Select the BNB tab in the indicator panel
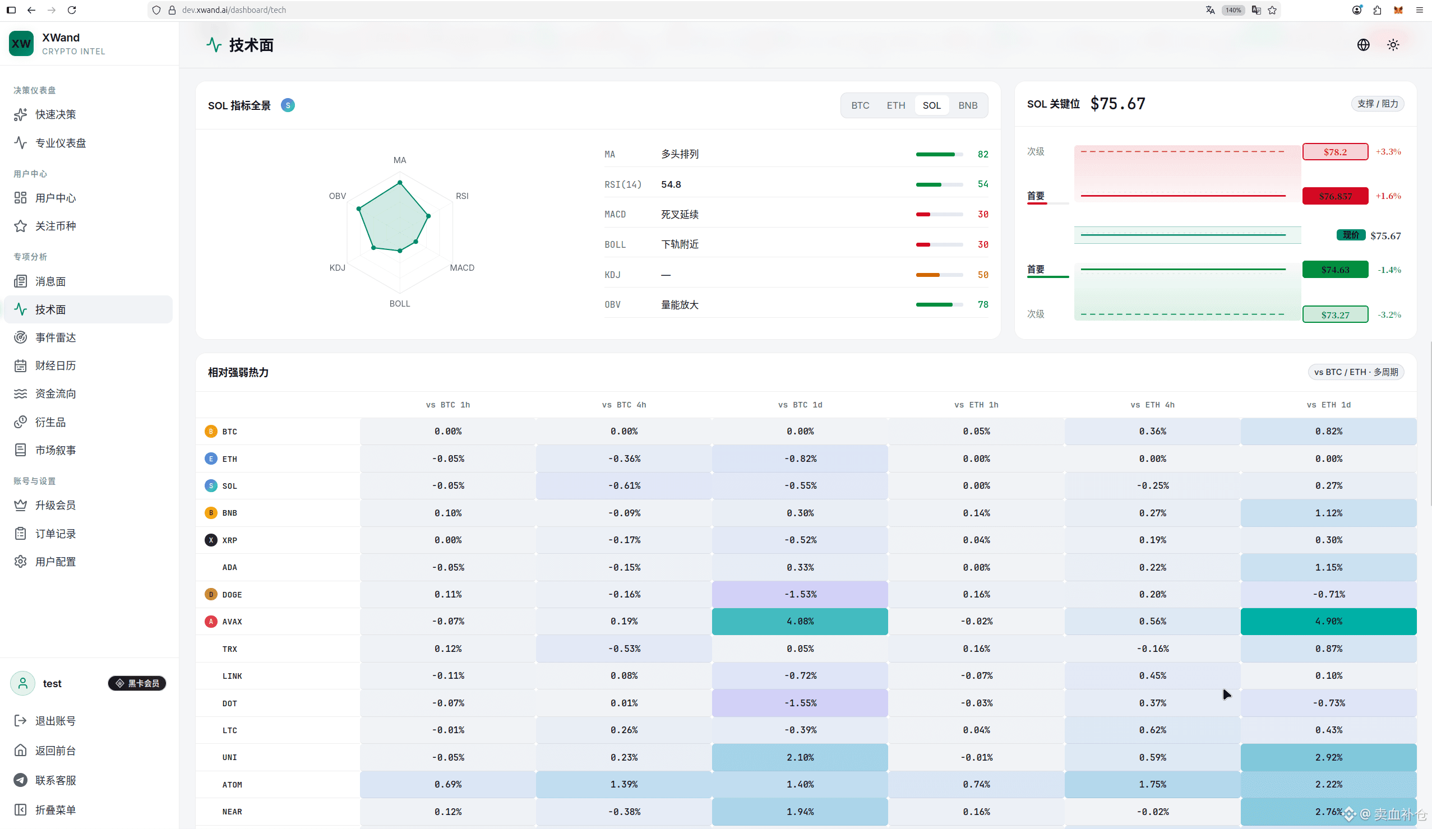968,105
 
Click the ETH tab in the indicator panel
895,105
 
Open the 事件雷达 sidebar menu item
55,337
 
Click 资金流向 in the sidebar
55,393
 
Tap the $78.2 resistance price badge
1335,152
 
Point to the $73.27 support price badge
1335,314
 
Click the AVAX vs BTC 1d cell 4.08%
800,621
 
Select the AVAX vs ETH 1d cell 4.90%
1328,621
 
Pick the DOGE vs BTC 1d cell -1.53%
800,594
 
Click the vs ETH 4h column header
1152,405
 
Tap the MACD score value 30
982,214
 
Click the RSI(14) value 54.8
671,184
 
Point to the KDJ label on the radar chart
337,267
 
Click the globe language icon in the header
1362,45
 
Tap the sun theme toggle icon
1393,45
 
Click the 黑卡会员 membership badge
137,683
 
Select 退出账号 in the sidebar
55,720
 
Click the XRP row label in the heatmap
229,540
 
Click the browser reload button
72,10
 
